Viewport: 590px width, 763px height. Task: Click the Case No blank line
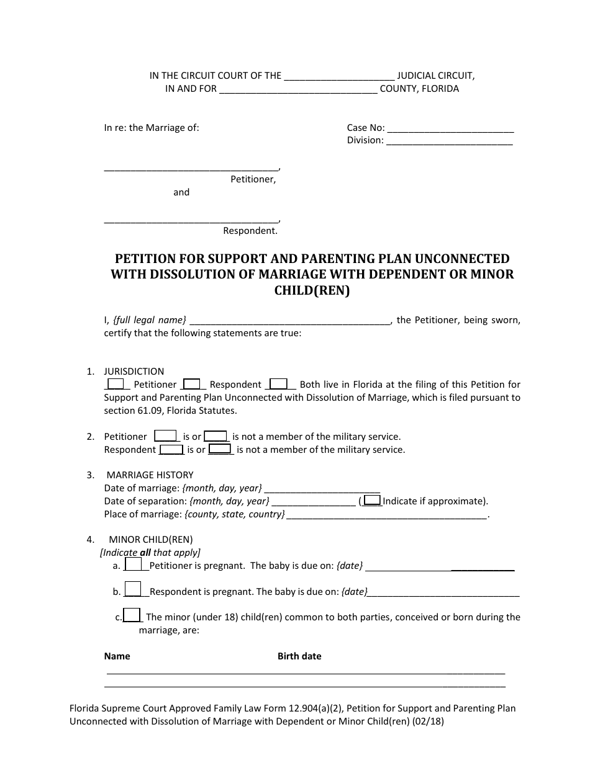(450, 129)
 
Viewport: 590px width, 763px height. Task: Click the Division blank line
(449, 141)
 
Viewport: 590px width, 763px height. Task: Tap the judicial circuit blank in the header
(338, 77)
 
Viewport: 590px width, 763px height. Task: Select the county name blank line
(298, 89)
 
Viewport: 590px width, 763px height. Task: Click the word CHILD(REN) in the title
(312, 290)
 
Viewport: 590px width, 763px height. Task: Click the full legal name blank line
(289, 321)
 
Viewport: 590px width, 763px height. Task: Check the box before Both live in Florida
(279, 384)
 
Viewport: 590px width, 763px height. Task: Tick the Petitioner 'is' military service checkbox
(166, 436)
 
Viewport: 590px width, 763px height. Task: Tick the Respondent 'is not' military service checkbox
(220, 449)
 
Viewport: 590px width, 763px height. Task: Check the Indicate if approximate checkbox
(372, 501)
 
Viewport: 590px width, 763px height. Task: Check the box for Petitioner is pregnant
(134, 564)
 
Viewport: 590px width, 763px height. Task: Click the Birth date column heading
(299, 656)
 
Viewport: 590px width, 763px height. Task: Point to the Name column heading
(117, 656)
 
